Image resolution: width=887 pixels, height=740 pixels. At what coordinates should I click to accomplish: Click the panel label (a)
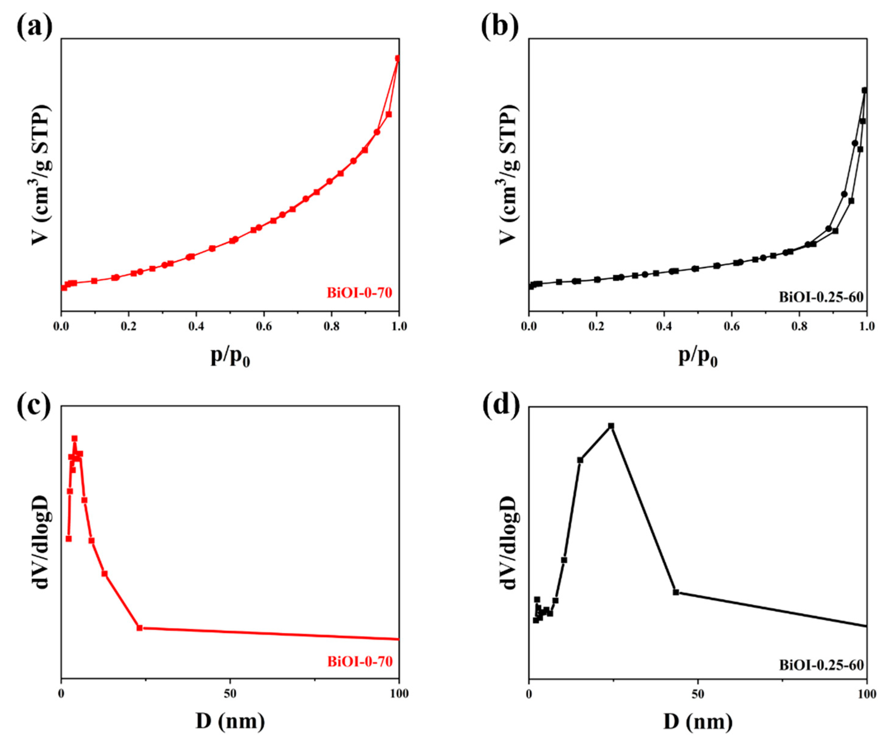[35, 26]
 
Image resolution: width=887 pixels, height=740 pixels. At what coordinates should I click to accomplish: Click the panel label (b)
[500, 26]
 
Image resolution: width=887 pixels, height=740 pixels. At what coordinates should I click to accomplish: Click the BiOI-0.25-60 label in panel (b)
[821, 297]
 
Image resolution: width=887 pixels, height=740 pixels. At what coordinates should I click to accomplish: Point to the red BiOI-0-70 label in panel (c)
[360, 661]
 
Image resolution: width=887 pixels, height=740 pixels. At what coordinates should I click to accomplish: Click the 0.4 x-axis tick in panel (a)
[196, 326]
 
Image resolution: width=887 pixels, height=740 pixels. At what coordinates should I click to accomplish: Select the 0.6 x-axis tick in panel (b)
[732, 326]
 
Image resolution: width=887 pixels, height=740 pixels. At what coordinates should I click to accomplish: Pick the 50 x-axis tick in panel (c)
[230, 694]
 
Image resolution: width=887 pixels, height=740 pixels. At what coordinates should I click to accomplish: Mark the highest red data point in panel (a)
[397, 58]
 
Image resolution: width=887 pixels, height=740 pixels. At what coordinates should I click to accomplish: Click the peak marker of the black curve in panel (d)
[611, 425]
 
